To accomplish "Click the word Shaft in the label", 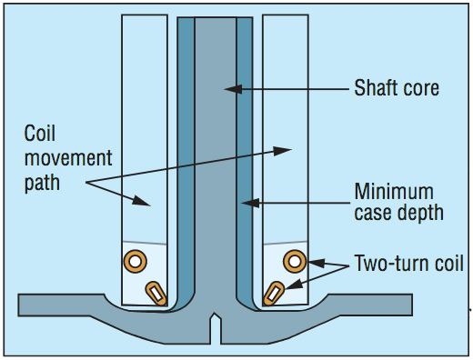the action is (x=372, y=88).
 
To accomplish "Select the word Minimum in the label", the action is (x=394, y=192).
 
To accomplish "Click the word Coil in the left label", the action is (x=40, y=134).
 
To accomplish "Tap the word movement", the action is (x=68, y=158).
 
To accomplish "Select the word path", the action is (x=42, y=184).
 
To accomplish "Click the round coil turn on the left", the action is (x=136, y=261).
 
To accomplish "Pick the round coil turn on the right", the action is (x=295, y=261).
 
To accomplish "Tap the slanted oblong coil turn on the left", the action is (x=156, y=294).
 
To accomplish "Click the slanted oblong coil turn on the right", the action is (x=274, y=294).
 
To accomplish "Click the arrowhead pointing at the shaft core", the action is (x=233, y=89).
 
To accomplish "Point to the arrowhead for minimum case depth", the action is (x=250, y=203).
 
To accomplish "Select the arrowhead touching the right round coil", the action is (x=317, y=263).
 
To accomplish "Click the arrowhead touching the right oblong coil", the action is (x=294, y=285).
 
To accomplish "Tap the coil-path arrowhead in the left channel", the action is (x=141, y=201).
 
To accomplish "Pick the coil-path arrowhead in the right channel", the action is (x=282, y=151).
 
